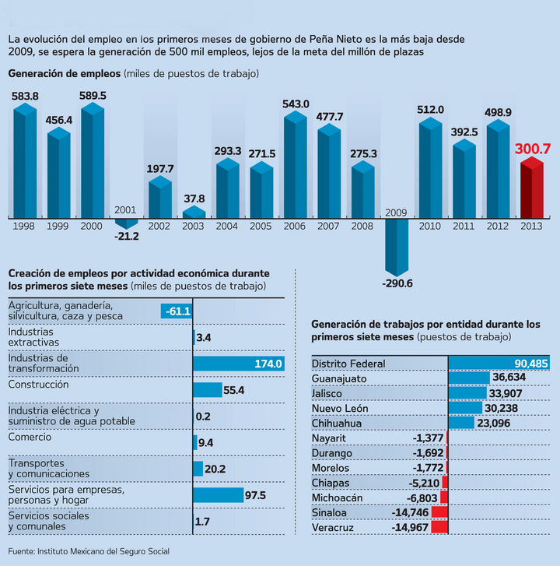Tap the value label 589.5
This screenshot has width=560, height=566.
[93, 96]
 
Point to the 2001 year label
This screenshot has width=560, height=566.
[126, 210]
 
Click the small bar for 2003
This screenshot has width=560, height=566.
[194, 212]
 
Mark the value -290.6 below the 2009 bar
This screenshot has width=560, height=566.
[397, 283]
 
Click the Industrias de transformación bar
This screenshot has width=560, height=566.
[239, 363]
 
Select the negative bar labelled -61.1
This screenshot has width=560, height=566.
[177, 311]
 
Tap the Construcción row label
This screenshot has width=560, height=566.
[39, 385]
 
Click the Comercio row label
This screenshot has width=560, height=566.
[30, 438]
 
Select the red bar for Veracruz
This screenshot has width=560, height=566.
[439, 527]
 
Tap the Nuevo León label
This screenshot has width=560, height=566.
[343, 408]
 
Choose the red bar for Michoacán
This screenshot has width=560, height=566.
[444, 497]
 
